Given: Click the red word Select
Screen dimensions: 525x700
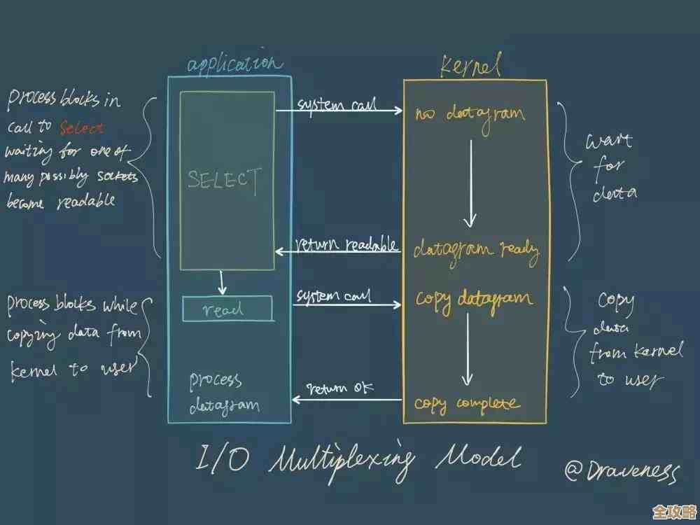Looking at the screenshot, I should click(x=81, y=128).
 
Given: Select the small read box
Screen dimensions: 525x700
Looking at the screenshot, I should click(x=227, y=309).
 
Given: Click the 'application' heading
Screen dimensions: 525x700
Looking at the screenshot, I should click(x=234, y=64).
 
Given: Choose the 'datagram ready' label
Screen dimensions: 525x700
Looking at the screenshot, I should click(x=476, y=250).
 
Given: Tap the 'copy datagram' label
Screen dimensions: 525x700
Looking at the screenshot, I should click(x=474, y=299).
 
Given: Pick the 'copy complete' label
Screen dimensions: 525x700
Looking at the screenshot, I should click(x=467, y=403).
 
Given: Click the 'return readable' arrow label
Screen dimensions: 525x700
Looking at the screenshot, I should click(x=347, y=245).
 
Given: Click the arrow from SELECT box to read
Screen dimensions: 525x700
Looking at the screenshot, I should click(x=222, y=283).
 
